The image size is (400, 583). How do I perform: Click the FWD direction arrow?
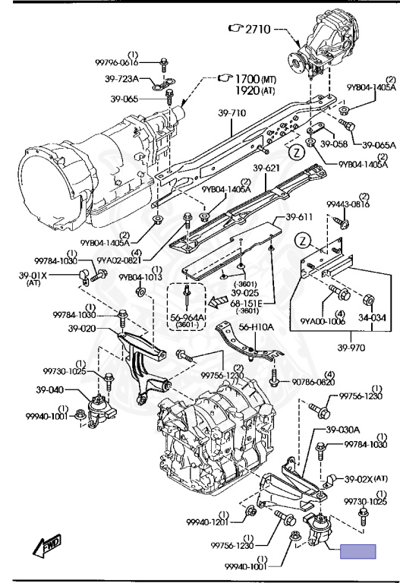(46, 545)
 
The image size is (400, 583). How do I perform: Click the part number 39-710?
(231, 112)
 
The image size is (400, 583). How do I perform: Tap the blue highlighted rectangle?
(358, 551)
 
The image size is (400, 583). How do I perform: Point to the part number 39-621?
(266, 169)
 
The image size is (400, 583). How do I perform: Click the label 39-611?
(299, 217)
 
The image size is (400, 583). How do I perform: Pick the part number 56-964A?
(187, 317)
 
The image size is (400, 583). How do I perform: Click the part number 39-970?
(351, 348)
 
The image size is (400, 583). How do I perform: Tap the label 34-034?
(372, 318)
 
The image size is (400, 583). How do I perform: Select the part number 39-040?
(50, 390)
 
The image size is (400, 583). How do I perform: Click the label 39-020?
(82, 329)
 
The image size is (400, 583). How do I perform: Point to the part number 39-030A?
(343, 430)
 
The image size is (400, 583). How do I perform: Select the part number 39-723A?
(121, 79)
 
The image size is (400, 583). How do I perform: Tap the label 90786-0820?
(313, 382)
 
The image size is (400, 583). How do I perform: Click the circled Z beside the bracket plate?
(304, 241)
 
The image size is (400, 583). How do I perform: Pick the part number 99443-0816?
(348, 204)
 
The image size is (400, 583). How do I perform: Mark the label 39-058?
(334, 144)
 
